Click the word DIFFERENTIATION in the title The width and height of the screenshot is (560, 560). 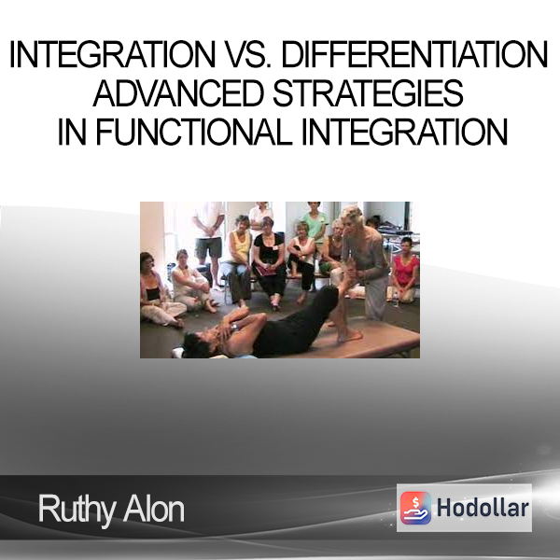click(x=414, y=54)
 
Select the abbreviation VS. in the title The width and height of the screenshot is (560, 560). click(x=248, y=54)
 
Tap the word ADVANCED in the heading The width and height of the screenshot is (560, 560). click(x=178, y=92)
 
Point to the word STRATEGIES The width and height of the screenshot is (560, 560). click(x=369, y=92)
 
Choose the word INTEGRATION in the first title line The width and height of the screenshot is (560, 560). click(x=112, y=54)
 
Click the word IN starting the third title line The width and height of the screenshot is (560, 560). click(x=72, y=132)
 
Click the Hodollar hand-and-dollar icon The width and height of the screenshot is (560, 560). click(x=415, y=508)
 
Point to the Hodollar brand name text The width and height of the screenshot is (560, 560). click(x=483, y=508)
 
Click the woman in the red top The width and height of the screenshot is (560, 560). click(x=406, y=270)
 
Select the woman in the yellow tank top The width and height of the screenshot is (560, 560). click(x=236, y=259)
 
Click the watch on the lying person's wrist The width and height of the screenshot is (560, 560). click(x=234, y=327)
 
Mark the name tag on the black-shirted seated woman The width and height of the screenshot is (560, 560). click(x=275, y=247)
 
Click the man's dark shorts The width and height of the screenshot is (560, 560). click(x=208, y=247)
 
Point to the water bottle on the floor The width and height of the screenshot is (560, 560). click(x=396, y=300)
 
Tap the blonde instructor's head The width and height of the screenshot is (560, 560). click(x=353, y=217)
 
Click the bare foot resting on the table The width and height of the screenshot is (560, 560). click(x=349, y=336)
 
